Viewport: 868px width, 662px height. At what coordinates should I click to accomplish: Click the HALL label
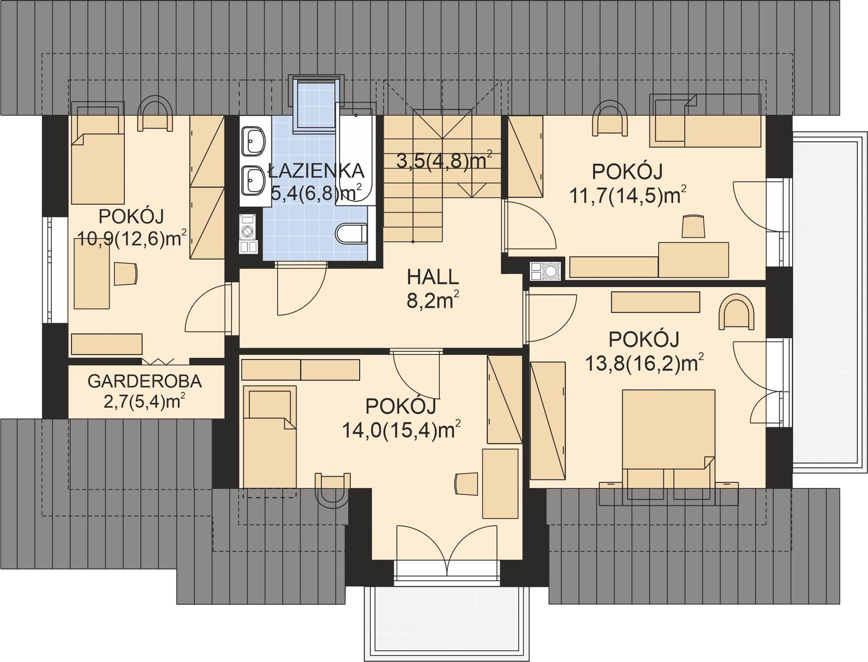pyautogui.click(x=432, y=277)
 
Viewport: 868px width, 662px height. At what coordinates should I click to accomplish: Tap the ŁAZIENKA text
pyautogui.click(x=317, y=171)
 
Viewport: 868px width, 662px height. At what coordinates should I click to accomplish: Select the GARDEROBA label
pyautogui.click(x=144, y=381)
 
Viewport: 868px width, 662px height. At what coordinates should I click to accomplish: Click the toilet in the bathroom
pyautogui.click(x=351, y=234)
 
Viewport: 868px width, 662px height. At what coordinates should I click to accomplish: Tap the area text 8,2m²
pyautogui.click(x=432, y=300)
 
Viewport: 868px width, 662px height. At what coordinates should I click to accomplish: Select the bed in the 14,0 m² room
pyautogui.click(x=270, y=436)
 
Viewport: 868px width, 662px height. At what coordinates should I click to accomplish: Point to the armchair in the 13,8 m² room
pyautogui.click(x=736, y=313)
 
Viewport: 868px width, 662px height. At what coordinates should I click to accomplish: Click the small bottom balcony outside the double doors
pyautogui.click(x=446, y=618)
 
